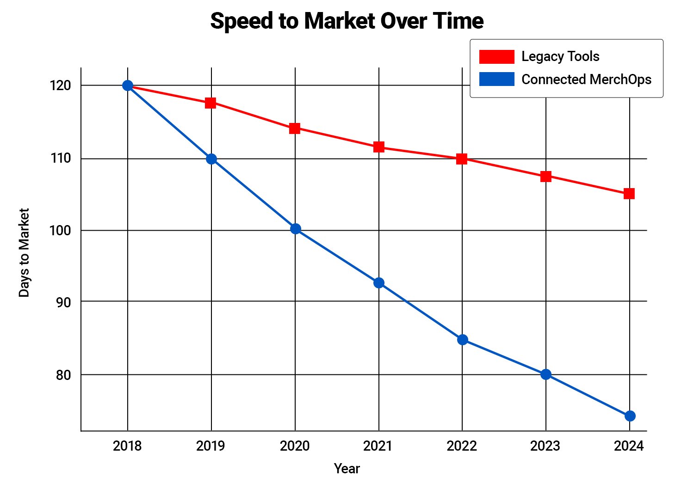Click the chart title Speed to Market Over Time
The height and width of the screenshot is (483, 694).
coord(347,21)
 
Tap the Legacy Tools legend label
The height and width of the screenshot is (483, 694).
coord(560,56)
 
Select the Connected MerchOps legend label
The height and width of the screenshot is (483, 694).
coord(586,79)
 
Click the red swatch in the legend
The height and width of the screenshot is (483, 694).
coord(496,56)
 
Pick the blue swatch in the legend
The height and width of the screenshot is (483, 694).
coord(496,79)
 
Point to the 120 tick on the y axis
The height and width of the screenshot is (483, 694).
coord(61,86)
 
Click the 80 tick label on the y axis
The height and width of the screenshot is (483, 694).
coord(63,375)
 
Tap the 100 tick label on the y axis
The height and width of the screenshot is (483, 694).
coord(61,230)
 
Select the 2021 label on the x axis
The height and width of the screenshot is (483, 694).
coord(378,446)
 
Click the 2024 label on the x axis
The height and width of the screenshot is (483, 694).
coord(629,446)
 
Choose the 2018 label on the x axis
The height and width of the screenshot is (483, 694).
coord(127,446)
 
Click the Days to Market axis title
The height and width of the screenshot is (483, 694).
coord(24,252)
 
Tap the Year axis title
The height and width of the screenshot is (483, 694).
coord(347,469)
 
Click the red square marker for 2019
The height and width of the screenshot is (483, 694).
coord(211,103)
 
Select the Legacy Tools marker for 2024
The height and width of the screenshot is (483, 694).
coord(629,193)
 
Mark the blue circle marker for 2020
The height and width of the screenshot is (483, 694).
coord(296,229)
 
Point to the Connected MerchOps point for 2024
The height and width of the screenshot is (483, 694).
coord(630,416)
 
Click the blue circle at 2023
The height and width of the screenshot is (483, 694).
coord(546,374)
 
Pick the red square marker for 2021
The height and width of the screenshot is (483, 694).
coord(379,147)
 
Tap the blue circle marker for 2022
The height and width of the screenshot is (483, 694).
coord(462,340)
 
